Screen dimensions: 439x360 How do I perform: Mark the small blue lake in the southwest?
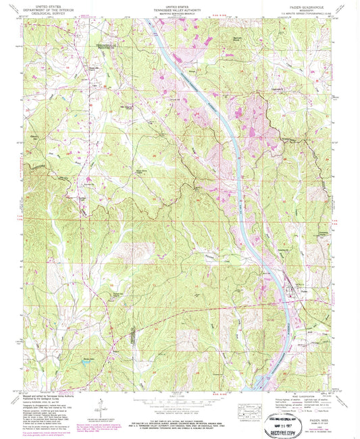click(86, 361)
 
